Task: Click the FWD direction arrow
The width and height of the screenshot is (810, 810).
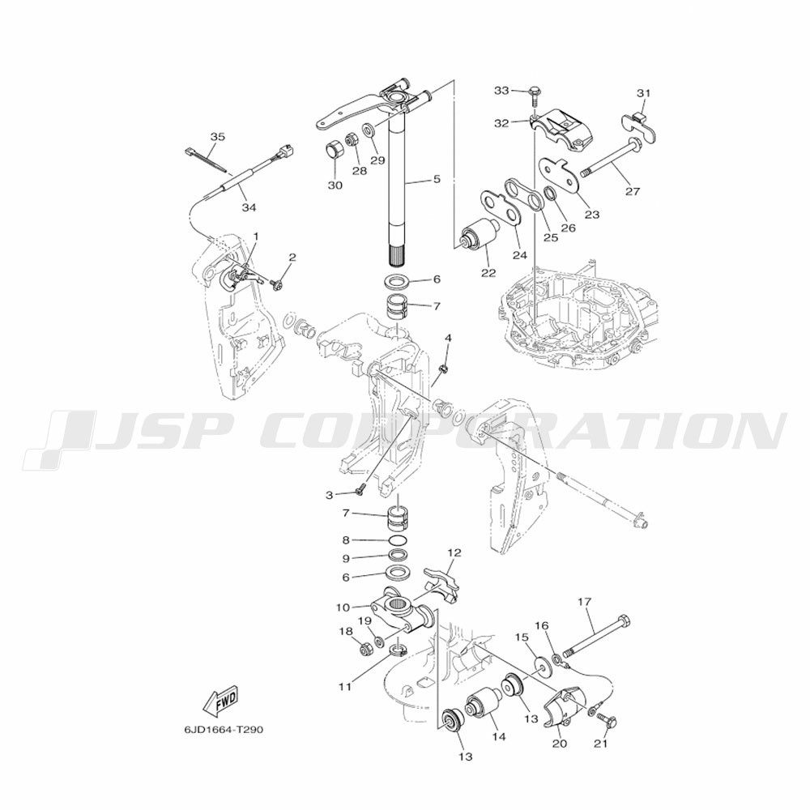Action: tap(220, 701)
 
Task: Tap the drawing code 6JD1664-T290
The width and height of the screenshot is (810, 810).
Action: tap(224, 731)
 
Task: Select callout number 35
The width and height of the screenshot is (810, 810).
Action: tap(217, 137)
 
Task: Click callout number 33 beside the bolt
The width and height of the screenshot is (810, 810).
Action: tap(501, 91)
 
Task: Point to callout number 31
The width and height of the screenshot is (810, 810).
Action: tap(643, 93)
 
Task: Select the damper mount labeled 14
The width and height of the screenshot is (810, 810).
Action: tap(483, 709)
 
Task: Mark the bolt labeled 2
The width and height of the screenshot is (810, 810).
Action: tap(277, 283)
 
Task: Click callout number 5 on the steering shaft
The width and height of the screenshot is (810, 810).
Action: tap(437, 179)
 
